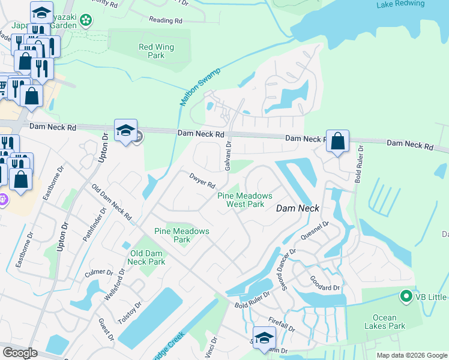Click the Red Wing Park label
156,51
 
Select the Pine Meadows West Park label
245,200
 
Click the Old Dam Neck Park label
147,257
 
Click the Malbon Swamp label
200,88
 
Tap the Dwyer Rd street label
199,179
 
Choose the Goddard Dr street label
324,284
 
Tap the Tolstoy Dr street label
130,312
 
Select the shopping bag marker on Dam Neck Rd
338,142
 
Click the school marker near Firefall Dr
264,338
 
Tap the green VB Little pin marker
406,296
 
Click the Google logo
20,353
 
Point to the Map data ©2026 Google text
412,355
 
